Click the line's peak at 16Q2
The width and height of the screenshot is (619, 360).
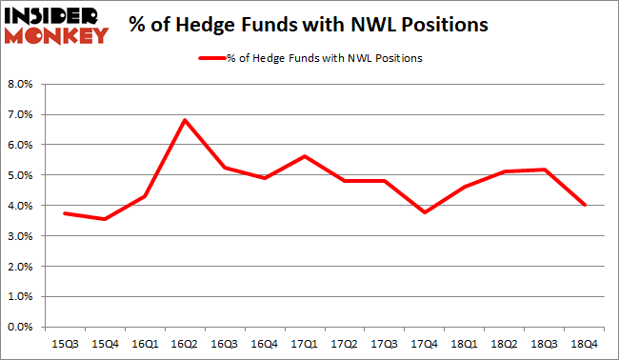[185, 120]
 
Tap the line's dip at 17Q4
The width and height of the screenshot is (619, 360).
[426, 212]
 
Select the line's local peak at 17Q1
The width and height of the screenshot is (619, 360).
[305, 156]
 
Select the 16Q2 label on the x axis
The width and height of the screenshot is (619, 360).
[184, 340]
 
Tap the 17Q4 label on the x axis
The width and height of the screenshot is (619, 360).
[426, 340]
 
